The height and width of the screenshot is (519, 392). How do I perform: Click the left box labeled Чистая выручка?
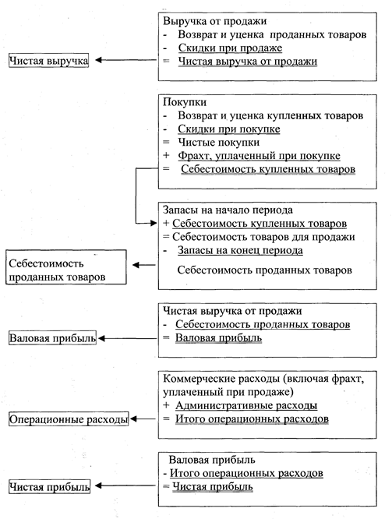point(48,61)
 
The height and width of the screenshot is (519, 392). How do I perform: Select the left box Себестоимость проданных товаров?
point(66,267)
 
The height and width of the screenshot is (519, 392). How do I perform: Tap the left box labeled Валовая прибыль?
point(52,338)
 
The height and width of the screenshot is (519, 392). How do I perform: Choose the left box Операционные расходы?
point(69,419)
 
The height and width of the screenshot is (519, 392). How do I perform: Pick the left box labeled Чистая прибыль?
point(49,486)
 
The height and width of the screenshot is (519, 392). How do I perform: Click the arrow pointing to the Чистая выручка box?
point(125,60)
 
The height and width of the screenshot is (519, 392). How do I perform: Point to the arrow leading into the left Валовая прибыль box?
point(128,338)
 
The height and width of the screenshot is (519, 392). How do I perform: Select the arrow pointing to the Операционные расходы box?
point(143,419)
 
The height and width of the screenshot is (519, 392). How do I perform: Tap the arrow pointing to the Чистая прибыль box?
point(125,486)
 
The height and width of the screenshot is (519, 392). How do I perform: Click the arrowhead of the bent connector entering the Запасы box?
point(154,223)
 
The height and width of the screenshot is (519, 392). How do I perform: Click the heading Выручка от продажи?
point(215,21)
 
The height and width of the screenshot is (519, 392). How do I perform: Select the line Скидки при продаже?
point(230,48)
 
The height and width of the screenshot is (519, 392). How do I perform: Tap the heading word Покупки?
point(185,102)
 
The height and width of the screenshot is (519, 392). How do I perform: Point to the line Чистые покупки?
point(219,143)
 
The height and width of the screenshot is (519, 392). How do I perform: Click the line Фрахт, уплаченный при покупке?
point(259,156)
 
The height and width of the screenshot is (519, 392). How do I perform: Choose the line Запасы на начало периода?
point(228,210)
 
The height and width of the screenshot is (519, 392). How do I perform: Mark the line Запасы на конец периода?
point(240,250)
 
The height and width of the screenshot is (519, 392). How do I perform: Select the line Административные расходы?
point(246,405)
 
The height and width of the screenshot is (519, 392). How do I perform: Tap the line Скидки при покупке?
point(229,129)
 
